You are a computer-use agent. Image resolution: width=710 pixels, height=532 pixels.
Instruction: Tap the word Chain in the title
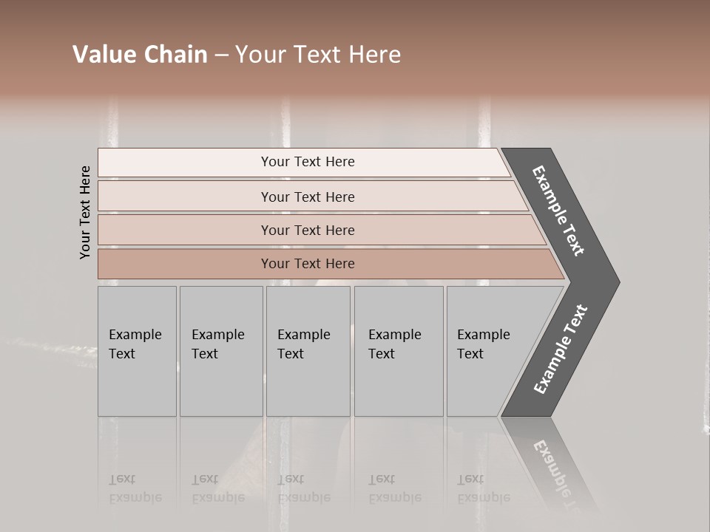point(175,55)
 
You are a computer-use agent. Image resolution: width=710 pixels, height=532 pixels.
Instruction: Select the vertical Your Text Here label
point(85,212)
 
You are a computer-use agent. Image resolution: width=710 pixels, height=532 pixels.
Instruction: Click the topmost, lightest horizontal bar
point(307,162)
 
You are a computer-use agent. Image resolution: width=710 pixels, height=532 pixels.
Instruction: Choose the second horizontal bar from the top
point(307,197)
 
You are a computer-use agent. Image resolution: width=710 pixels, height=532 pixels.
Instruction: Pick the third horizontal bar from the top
point(307,230)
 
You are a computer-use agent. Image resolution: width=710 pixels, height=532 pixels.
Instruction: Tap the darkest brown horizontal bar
point(307,264)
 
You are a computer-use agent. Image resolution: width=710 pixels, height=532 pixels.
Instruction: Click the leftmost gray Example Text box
point(137,351)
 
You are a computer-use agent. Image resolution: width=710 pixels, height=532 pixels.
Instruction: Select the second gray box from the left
point(220,351)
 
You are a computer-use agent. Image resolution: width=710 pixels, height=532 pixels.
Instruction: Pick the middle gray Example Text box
point(308,351)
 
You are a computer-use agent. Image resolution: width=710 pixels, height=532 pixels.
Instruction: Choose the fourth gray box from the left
point(398,351)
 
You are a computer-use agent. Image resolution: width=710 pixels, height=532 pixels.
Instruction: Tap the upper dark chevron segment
point(559,211)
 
